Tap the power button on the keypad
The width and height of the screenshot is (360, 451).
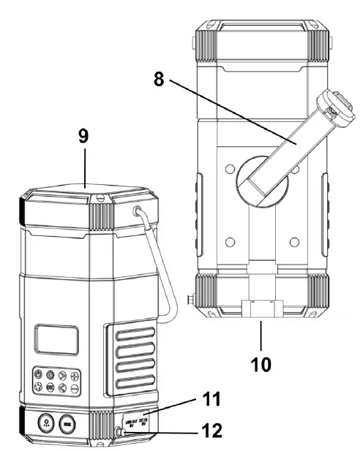[38, 375]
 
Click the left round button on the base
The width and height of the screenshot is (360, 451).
[43, 422]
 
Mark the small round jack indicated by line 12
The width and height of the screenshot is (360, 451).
[122, 433]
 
